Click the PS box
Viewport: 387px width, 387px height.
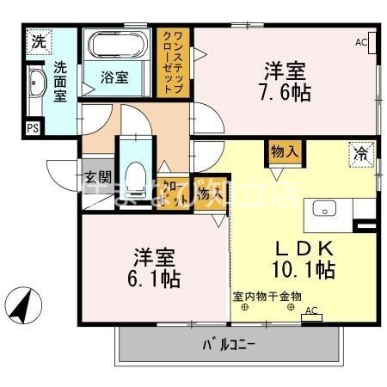pos(33,129)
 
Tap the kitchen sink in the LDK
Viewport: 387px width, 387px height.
pos(326,208)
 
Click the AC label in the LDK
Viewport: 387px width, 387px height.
pos(310,311)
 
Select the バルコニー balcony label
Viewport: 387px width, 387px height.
pos(229,346)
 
